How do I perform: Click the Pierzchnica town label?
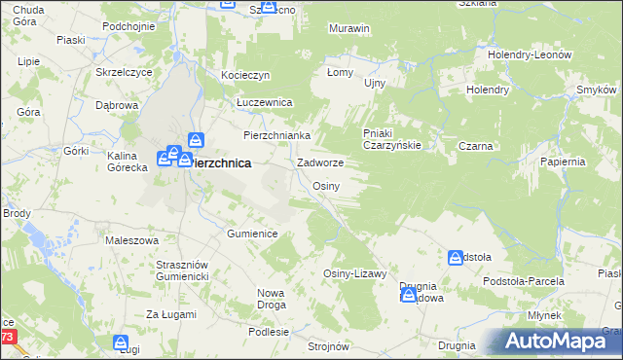coord(222,164)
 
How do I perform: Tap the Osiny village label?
coord(325,186)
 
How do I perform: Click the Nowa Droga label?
coord(275,298)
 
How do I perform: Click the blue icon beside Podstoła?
coord(456,258)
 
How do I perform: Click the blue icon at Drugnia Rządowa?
coord(409,295)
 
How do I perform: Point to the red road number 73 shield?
coord(7,337)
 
